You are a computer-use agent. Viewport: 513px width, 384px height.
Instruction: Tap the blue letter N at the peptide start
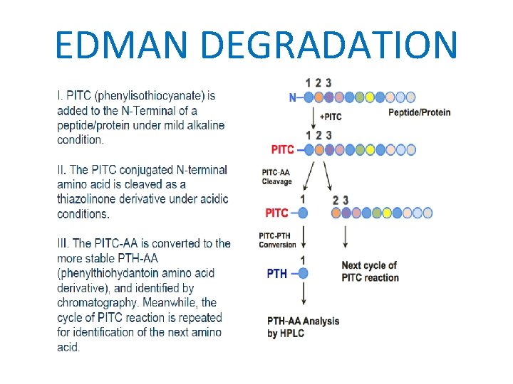[293, 97]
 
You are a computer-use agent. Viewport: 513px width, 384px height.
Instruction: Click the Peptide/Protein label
[419, 112]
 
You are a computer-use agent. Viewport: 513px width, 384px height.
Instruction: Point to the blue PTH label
[277, 273]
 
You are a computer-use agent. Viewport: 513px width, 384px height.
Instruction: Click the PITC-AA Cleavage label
[276, 177]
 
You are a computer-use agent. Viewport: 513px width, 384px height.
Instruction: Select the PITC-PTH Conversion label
[277, 240]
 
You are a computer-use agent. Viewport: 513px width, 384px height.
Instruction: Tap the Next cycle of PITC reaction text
[370, 271]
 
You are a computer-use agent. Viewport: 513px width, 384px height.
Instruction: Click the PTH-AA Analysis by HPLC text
[304, 327]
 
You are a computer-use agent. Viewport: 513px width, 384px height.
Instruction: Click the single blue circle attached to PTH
[303, 273]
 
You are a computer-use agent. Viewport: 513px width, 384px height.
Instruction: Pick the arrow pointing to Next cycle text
[346, 237]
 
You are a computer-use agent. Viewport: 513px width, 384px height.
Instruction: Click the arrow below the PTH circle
[303, 294]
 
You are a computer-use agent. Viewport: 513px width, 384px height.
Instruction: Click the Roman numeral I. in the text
[60, 96]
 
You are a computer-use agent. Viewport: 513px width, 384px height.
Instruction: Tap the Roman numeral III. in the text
[63, 243]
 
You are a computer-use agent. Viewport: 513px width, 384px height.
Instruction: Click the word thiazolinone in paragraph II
[88, 199]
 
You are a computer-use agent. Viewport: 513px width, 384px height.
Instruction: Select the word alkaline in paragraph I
[204, 125]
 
